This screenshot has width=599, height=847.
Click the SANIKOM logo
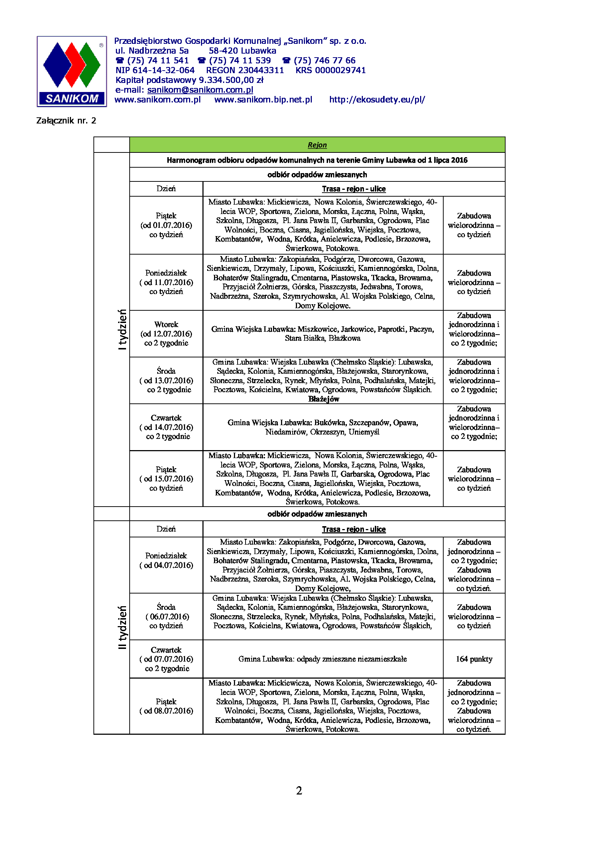coord(72,72)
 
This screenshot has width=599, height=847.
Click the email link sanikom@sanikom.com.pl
coord(200,90)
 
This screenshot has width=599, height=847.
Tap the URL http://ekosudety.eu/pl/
coord(377,100)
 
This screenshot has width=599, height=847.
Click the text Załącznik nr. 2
coord(66,121)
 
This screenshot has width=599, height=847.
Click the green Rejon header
coord(317,145)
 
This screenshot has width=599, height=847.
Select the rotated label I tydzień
coord(122,329)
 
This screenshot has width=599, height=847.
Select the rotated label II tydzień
coord(122,627)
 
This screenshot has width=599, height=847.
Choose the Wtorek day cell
coord(166,334)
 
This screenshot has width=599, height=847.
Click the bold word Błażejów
coord(323,399)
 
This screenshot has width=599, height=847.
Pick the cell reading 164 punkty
coord(474,658)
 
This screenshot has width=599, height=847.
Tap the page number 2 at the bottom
coord(299,791)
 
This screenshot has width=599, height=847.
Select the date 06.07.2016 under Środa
coord(169,616)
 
